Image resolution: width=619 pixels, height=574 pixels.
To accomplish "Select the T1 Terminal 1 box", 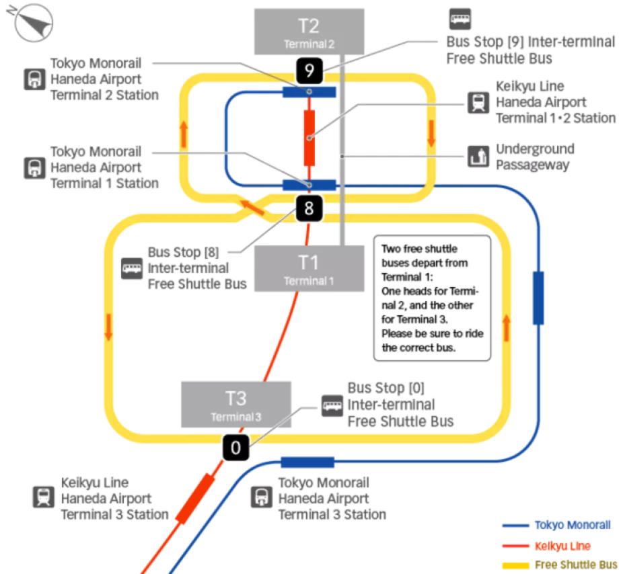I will coord(309,268).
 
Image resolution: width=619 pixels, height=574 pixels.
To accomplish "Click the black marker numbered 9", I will coord(309,69).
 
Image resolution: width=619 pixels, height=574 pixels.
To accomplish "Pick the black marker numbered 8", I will coord(309,208).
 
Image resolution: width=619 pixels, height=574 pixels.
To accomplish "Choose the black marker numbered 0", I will coord(235,447).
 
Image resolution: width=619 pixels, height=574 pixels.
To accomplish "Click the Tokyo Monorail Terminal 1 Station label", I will coord(104,167).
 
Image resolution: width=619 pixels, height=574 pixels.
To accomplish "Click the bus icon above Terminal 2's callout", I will coord(460,18).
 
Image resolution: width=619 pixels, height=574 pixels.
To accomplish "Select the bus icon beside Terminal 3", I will coord(332,405).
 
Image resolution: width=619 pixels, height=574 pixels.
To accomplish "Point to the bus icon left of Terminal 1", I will coord(132,269).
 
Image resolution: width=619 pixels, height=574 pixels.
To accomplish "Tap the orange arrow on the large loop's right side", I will coord(506,327).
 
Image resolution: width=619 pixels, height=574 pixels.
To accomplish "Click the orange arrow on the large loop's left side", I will coord(108,327).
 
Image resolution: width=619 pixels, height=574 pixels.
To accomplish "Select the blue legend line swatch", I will coord(516,525).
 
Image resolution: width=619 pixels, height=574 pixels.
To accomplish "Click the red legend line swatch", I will coord(516,545).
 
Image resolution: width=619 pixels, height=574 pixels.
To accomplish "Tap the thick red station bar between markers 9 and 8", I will coord(309,136).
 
